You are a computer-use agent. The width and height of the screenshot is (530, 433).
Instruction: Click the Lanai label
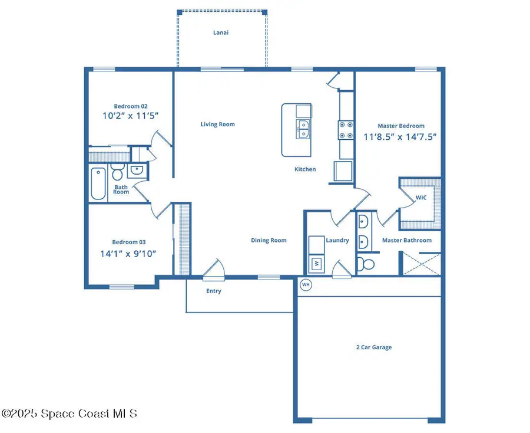(221, 32)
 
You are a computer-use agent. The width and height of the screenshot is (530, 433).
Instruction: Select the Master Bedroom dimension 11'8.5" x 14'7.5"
(400, 136)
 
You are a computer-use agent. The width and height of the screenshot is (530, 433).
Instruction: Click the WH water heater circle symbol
(306, 285)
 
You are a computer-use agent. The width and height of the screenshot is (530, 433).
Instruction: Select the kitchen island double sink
(303, 129)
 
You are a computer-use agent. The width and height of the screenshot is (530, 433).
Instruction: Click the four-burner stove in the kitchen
(345, 130)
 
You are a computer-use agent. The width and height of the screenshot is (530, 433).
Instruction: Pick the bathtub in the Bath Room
(98, 183)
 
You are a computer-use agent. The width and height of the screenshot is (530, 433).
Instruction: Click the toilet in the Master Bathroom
(365, 263)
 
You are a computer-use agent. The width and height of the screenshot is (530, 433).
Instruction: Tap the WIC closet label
(421, 198)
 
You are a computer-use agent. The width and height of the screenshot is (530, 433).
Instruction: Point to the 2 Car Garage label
(373, 347)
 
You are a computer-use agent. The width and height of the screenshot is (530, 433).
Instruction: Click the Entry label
(214, 291)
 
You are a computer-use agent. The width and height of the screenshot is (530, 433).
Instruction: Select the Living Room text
(217, 124)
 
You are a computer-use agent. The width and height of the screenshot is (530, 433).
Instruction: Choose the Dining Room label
(269, 240)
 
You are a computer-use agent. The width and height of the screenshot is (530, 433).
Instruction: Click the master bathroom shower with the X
(420, 264)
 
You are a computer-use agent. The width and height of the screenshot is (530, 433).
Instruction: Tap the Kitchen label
(305, 169)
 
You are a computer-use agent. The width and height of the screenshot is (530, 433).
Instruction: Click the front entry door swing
(213, 268)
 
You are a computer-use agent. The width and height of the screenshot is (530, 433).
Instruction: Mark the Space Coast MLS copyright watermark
(69, 414)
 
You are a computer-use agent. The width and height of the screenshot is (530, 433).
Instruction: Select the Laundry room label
(337, 240)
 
